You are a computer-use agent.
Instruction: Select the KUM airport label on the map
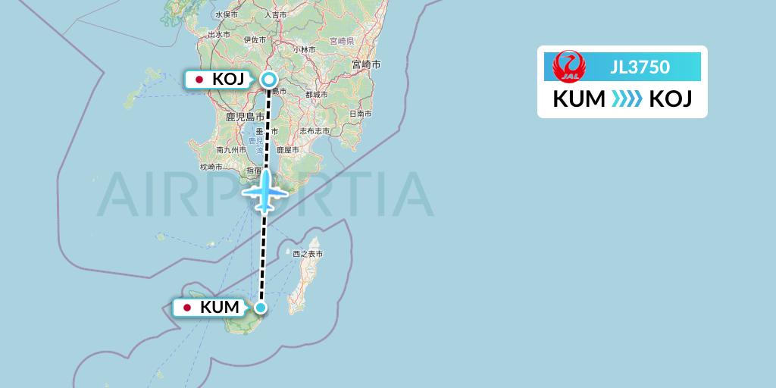[x=220, y=308]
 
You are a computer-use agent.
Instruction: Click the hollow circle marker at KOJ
[x=269, y=79]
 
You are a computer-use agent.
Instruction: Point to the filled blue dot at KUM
[x=261, y=308]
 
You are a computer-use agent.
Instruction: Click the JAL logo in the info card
[x=568, y=67]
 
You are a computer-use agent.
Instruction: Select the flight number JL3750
[x=640, y=67]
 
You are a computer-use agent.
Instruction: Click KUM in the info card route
[x=579, y=99]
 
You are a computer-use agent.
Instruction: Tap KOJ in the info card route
[x=671, y=99]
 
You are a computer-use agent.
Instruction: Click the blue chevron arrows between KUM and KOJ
[x=626, y=99]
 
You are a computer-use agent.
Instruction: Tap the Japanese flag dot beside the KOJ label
[x=199, y=80]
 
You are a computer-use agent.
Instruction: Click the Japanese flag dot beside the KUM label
[x=187, y=308]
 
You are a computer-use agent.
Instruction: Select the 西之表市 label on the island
[x=308, y=254]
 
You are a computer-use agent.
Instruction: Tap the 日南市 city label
[x=360, y=114]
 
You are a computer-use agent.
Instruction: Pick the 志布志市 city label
[x=314, y=131]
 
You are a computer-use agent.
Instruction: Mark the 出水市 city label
[x=218, y=34]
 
